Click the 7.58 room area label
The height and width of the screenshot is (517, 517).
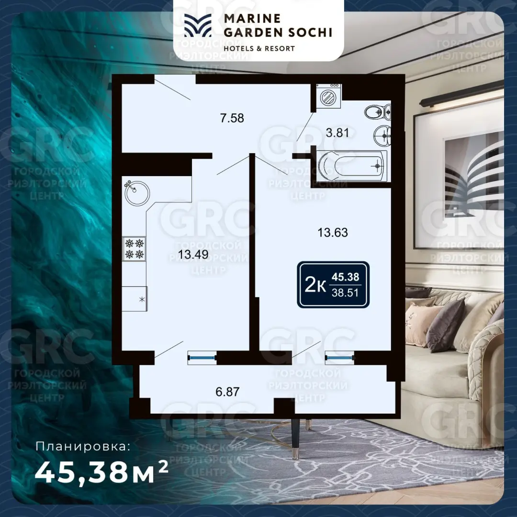coord(232,118)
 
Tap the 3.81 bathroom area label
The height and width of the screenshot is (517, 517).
coord(337,133)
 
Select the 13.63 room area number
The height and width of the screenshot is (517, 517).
coord(332,233)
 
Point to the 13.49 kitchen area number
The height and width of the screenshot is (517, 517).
coord(193,254)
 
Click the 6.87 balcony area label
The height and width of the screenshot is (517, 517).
coord(227,392)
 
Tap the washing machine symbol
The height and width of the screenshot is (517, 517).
coord(328,96)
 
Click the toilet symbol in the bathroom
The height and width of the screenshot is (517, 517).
coord(378,112)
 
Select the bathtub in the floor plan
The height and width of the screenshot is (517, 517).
coord(351,166)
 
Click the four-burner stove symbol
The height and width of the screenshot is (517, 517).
coord(134,249)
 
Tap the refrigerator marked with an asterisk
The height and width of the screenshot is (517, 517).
coord(135,299)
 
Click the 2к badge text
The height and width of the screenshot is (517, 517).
coord(315,285)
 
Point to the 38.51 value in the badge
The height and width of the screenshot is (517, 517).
coord(345,293)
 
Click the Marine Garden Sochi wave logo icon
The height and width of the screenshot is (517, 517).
coord(198,25)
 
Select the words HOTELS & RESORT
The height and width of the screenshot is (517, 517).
coord(259,48)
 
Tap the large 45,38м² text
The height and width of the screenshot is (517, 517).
coord(101,472)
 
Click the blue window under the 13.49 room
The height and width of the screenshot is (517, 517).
coord(202,357)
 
